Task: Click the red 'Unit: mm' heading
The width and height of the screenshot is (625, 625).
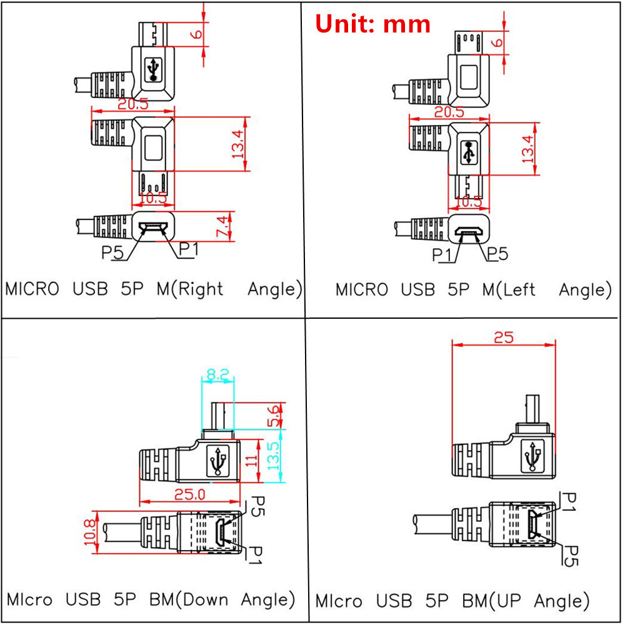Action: pos(372,24)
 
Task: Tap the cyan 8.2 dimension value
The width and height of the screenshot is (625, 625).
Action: pos(218,374)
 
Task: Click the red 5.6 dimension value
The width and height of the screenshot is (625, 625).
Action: pos(274,416)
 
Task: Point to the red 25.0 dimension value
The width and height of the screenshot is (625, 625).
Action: pos(190,494)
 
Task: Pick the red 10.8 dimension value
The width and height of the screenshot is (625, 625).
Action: pos(90,532)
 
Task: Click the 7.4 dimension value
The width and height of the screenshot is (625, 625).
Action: pos(223,226)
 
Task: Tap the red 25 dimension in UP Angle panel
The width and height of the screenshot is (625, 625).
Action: pos(504,337)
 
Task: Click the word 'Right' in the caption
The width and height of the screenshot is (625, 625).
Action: pos(201,289)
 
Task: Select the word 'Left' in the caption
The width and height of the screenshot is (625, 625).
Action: pos(519,289)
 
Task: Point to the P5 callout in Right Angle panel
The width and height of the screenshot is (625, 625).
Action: pos(112,252)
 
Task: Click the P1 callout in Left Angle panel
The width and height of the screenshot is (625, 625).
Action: pos(442,255)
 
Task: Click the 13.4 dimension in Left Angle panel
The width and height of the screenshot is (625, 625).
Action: pos(527,149)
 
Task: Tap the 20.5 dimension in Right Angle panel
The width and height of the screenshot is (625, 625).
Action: pos(133,104)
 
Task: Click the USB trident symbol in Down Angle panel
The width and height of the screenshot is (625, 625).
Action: pos(217,461)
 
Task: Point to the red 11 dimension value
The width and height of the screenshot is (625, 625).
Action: pos(251,461)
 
